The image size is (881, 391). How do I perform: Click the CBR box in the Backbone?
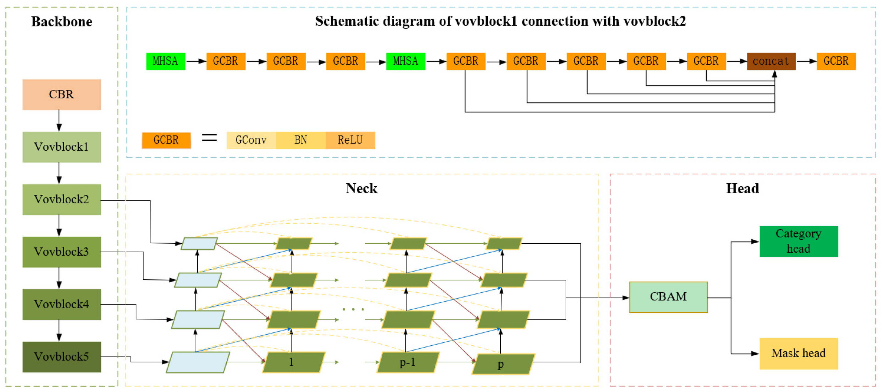pos(62,95)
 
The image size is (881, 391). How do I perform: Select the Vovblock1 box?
pos(62,147)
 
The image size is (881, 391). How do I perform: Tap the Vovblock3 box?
pos(62,252)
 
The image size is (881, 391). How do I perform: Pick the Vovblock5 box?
pos(62,357)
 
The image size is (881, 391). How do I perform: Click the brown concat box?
pos(771,62)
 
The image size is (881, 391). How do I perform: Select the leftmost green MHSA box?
pos(166,62)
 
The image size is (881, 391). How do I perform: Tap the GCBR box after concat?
pos(836,62)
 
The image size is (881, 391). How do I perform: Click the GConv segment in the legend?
pos(251,140)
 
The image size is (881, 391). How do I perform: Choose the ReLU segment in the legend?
pos(350,140)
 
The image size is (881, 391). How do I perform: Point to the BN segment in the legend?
pos(301,140)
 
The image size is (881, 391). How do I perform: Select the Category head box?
pos(798,241)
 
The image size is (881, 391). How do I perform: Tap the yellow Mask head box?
pos(798,353)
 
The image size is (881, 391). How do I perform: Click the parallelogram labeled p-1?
pos(408,362)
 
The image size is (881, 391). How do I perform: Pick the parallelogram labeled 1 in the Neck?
pos(293,362)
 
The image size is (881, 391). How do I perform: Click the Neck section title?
pos(361,188)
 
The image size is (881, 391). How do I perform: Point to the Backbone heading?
pos(62,21)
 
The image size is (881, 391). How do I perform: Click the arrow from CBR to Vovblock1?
pos(59,121)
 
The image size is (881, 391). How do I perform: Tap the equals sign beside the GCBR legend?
pos(209,138)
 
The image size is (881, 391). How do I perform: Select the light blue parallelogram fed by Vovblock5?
pos(198,362)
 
